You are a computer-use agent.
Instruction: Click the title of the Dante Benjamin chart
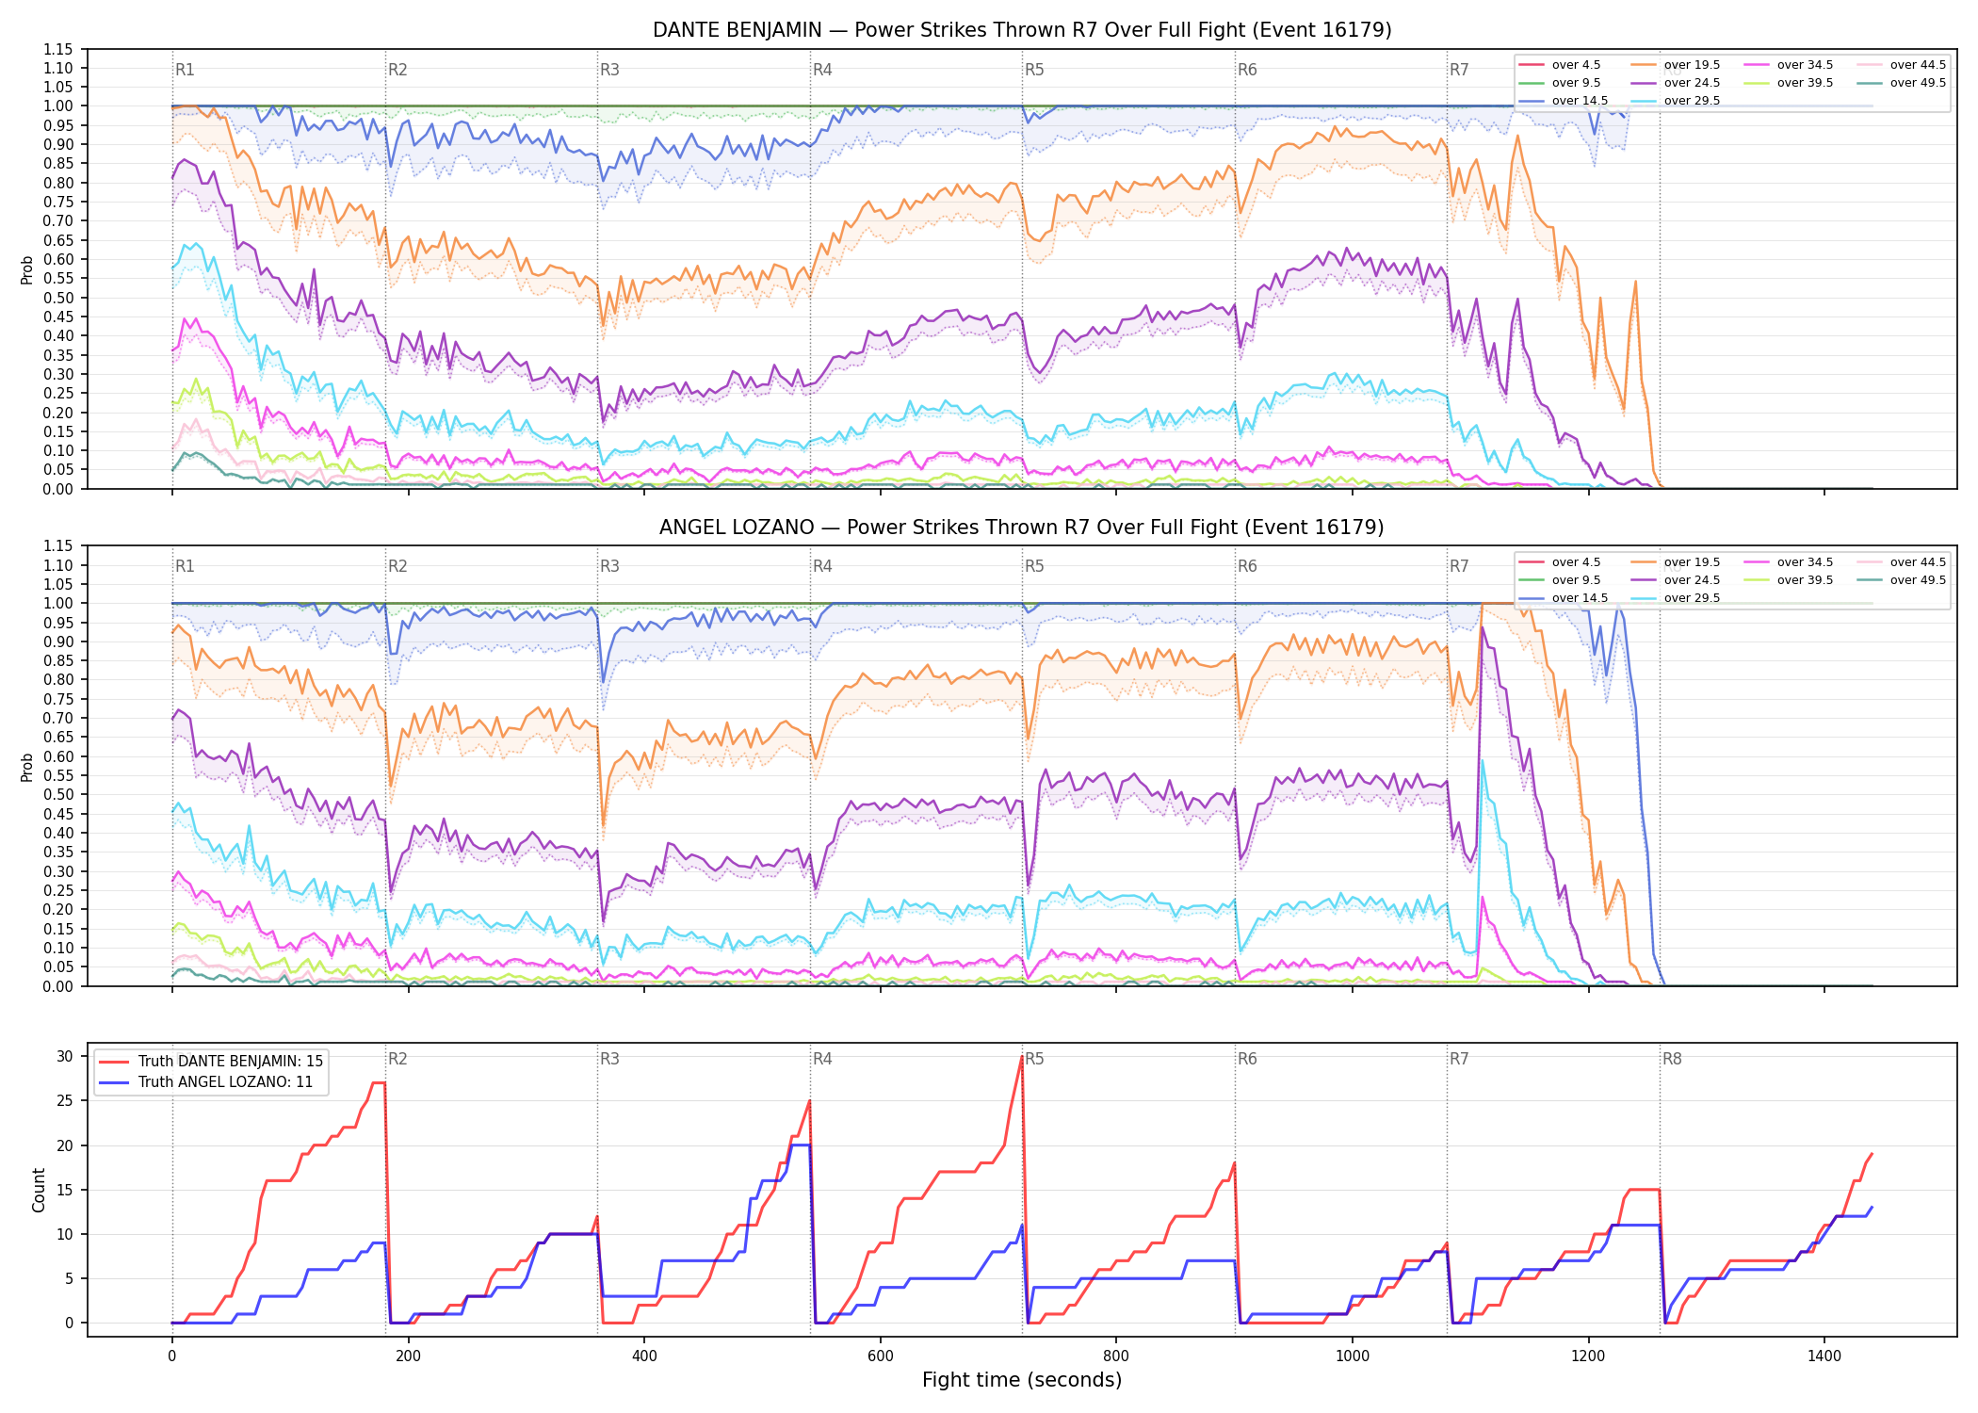1022,30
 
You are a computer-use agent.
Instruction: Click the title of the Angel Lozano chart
1022,528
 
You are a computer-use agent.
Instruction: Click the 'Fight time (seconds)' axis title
1022,1380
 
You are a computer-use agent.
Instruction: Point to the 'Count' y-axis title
39,1190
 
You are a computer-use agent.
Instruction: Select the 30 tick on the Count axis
65,1056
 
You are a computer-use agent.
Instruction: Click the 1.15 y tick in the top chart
58,49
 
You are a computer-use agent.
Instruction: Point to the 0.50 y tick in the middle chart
58,794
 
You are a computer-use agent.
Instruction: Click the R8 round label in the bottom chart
1672,1059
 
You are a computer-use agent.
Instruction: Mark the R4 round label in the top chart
822,70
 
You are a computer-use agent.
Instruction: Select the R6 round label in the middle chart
1247,566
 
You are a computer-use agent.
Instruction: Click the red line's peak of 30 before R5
1022,1056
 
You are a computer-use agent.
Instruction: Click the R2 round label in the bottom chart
397,1059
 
